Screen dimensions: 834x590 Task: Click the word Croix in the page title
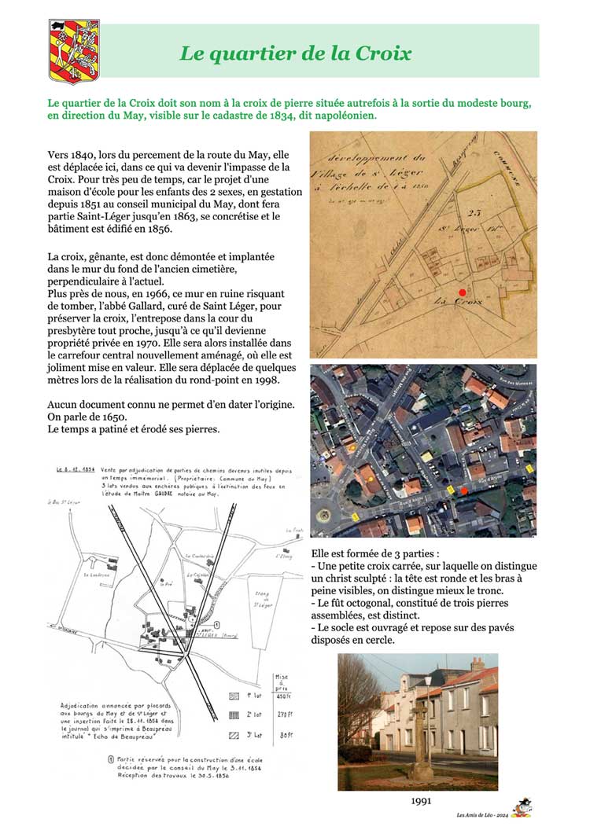click(x=383, y=53)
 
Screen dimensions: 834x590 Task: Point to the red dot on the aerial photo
click(x=464, y=490)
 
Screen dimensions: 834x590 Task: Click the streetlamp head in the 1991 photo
click(x=429, y=683)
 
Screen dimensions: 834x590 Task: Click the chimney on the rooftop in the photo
click(x=477, y=665)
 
